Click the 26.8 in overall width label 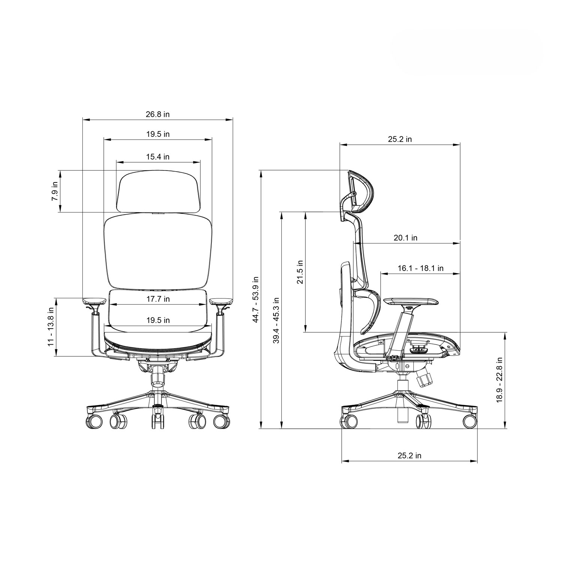(158, 114)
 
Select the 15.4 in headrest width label (158, 157)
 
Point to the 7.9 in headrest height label (55, 191)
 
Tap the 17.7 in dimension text (158, 299)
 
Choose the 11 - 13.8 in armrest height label (51, 327)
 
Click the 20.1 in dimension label (405, 238)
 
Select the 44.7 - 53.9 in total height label (256, 300)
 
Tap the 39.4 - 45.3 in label (276, 321)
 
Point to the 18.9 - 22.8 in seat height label (499, 380)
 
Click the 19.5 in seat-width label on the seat (158, 320)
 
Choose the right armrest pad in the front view (221, 301)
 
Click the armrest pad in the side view (411, 301)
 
